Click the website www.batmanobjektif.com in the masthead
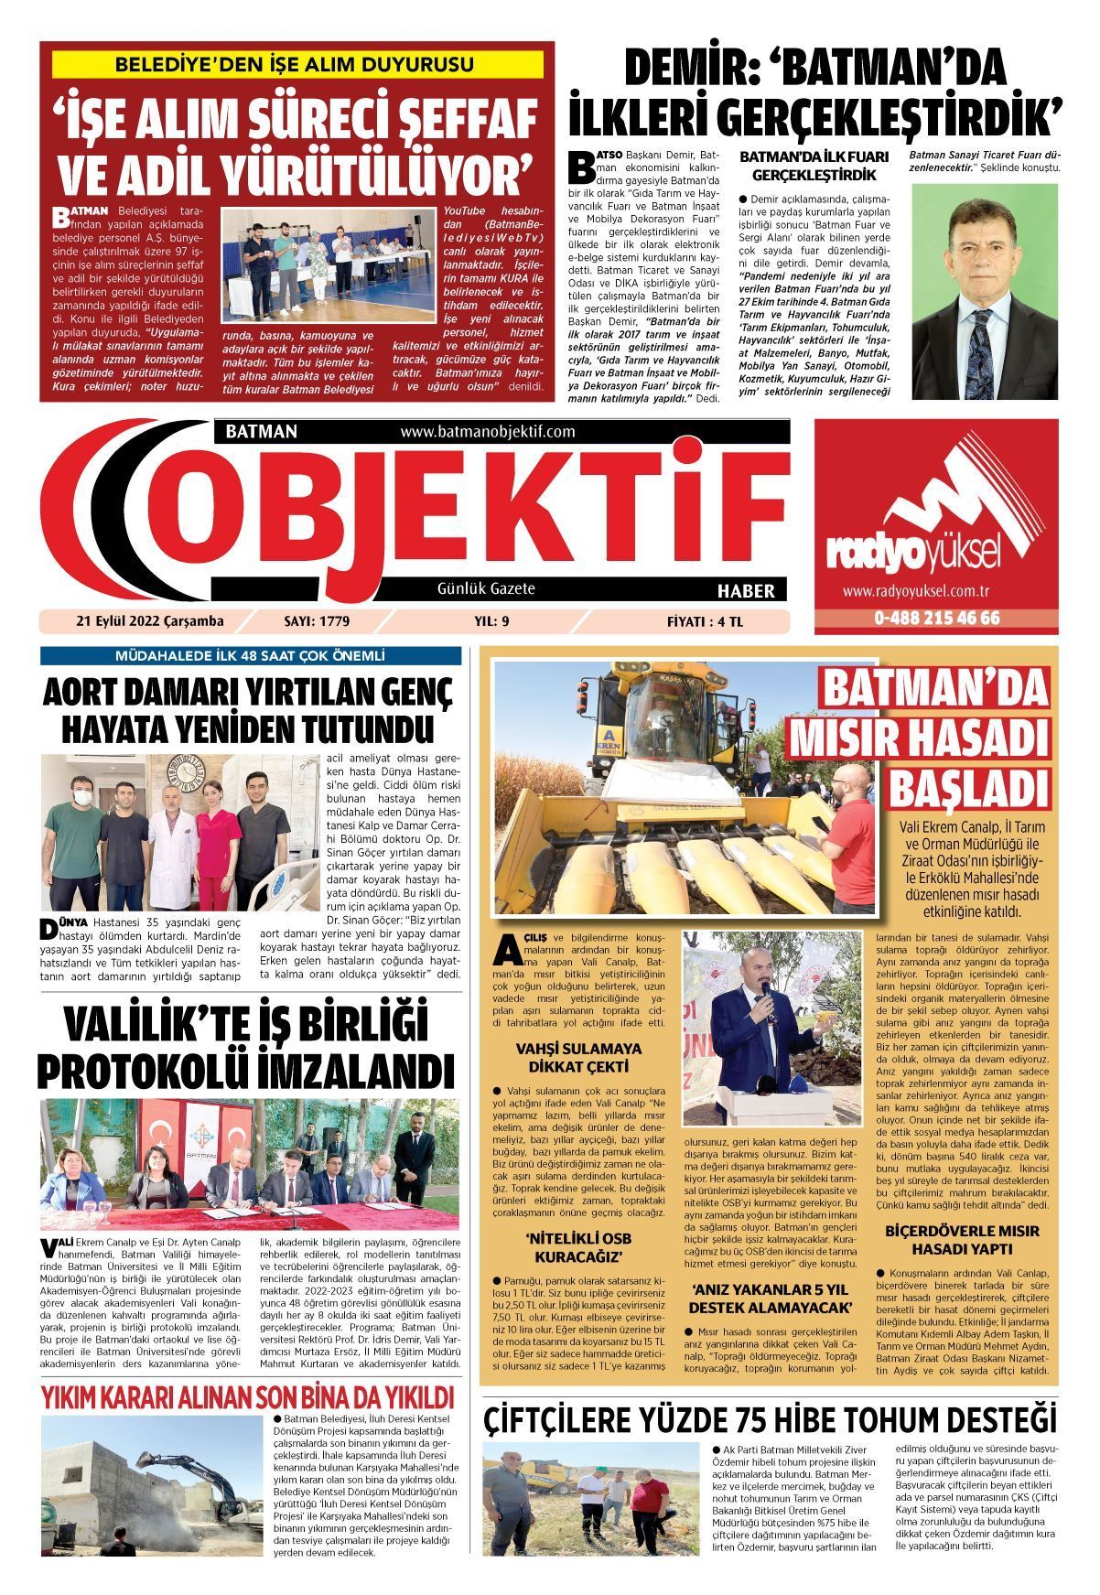click(x=487, y=431)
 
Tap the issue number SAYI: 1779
click(x=317, y=622)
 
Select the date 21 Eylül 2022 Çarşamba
click(x=150, y=622)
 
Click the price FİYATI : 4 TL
click(x=706, y=622)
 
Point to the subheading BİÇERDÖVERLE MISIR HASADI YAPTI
click(x=961, y=1240)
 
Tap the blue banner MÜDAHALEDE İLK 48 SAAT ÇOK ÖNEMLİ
click(x=250, y=656)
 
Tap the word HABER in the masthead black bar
click(x=745, y=591)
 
